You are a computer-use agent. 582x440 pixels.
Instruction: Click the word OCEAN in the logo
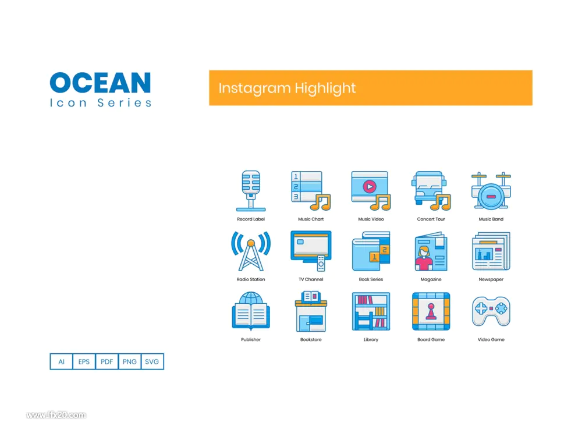[x=100, y=83]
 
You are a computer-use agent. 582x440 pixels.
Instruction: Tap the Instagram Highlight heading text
[x=287, y=88]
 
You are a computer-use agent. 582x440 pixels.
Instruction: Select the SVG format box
[x=152, y=361]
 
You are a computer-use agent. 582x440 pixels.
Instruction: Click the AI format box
[x=61, y=361]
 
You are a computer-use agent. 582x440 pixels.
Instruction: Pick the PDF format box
[x=107, y=361]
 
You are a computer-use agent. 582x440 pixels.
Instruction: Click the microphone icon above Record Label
[x=251, y=191]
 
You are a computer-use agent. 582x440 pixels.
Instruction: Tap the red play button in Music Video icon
[x=370, y=186]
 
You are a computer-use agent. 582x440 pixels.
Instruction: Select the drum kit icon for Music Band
[x=491, y=191]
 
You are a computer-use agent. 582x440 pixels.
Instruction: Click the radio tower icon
[x=251, y=251]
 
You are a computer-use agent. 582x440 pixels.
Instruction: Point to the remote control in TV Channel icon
[x=321, y=263]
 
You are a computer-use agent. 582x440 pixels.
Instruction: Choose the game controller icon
[x=491, y=311]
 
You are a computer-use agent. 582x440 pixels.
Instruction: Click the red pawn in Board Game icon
[x=431, y=312]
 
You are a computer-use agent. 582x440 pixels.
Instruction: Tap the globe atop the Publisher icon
[x=251, y=298]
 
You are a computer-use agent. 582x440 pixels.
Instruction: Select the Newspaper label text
[x=491, y=279]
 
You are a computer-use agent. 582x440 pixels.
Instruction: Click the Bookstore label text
[x=311, y=339]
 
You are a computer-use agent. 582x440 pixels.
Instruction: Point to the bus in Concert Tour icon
[x=429, y=188]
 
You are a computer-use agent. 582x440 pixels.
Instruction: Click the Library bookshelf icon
[x=371, y=311]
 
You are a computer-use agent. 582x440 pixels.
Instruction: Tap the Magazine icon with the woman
[x=431, y=251]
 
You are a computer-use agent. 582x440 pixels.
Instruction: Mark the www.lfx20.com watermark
[x=56, y=415]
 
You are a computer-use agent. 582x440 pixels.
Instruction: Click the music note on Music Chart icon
[x=321, y=203]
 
